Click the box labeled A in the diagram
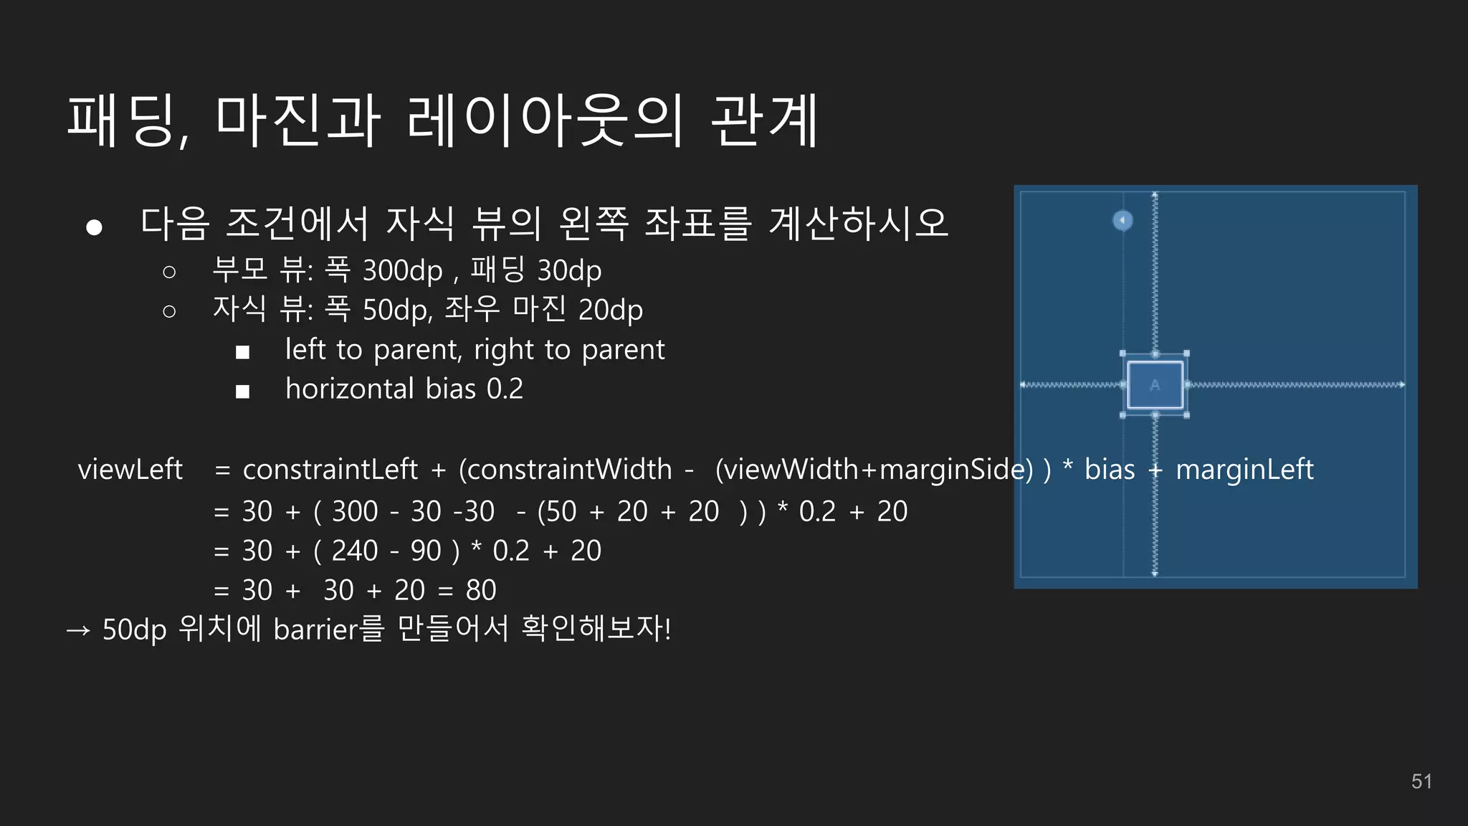click(x=1155, y=385)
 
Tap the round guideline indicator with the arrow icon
click(x=1123, y=220)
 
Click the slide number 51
click(x=1421, y=782)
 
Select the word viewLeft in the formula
click(x=130, y=470)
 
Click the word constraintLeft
click(x=330, y=470)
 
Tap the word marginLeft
click(x=1244, y=470)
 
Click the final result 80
click(x=481, y=590)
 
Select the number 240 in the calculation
click(x=355, y=551)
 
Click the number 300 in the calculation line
click(x=355, y=511)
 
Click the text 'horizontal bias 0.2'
click(x=404, y=389)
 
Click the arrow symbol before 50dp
click(x=78, y=630)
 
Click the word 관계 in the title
click(x=764, y=120)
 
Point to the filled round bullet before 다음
click(x=94, y=227)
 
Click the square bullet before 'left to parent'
click(x=242, y=352)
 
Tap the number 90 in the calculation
click(x=426, y=551)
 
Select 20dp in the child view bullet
click(x=610, y=310)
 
